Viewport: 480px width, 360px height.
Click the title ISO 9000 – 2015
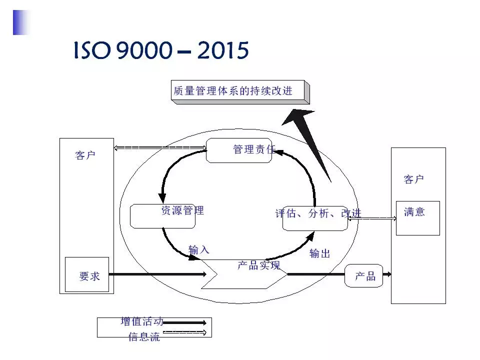161,50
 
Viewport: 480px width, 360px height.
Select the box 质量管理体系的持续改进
239,91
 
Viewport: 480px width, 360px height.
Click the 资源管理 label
182,210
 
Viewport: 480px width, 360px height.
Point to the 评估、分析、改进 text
318,213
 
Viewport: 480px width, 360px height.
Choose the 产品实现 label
258,265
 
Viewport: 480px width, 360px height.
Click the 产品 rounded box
364,276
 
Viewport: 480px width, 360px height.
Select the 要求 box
89,275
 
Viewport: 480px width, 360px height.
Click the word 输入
198,250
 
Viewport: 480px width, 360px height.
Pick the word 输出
319,253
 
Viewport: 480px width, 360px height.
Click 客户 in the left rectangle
85,155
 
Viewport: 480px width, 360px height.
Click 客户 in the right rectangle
413,179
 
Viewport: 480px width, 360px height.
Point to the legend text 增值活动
141,321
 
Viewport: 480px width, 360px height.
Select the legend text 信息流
144,337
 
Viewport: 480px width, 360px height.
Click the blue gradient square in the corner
21,22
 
